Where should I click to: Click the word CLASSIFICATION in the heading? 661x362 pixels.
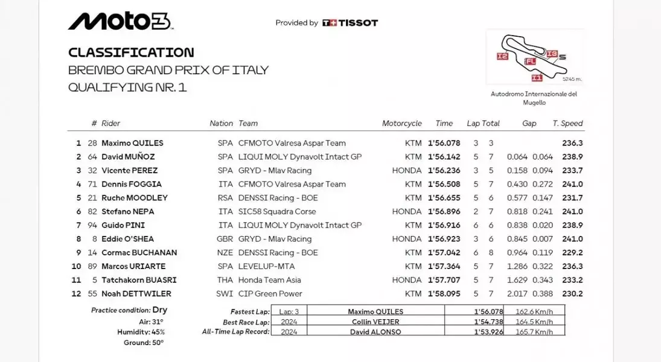131,52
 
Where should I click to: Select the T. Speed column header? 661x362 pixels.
567,123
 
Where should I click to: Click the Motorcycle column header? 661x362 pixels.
401,123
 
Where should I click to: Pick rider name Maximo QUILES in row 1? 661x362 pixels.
132,143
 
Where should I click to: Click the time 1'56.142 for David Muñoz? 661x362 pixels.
444,157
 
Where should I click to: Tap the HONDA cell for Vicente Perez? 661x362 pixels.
406,171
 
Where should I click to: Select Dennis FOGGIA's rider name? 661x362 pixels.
131,184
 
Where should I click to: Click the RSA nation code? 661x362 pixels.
225,198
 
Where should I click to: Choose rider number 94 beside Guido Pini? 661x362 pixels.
92,225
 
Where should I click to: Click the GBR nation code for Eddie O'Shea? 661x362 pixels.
225,239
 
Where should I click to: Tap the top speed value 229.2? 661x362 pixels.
572,253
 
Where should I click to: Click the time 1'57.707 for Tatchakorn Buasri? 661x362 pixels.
444,280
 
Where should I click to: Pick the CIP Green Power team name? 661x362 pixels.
270,294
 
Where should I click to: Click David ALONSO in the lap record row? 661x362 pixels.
375,332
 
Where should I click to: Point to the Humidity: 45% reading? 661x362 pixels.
141,332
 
